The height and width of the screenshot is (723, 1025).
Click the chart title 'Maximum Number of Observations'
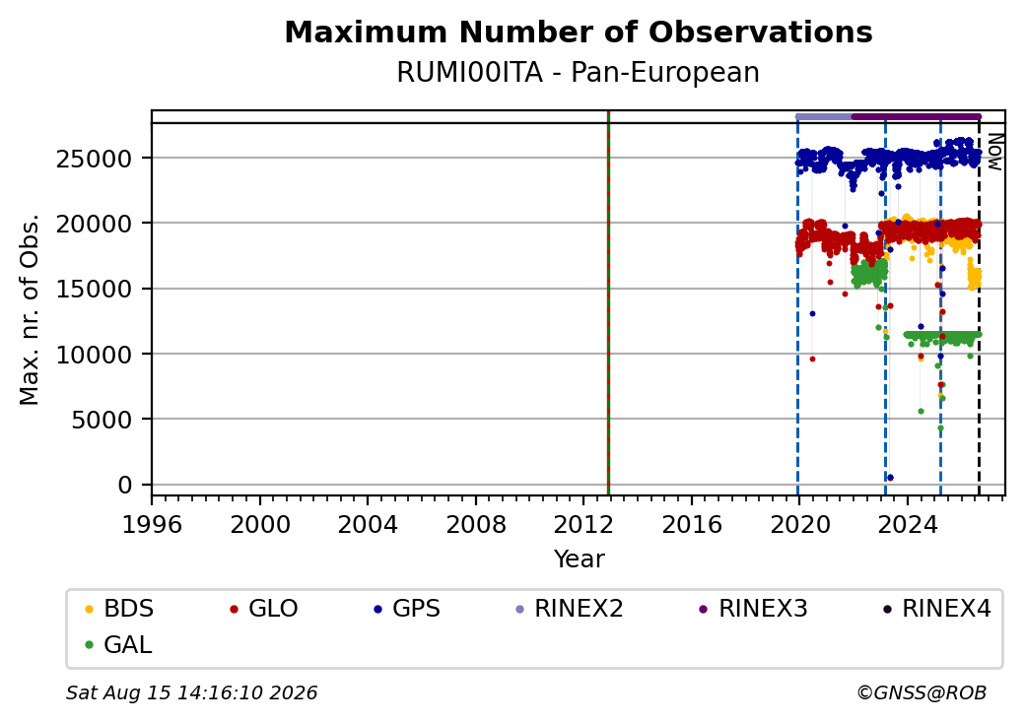579,32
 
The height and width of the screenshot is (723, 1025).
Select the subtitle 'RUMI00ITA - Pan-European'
578,73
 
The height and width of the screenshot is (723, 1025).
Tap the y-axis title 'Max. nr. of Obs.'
30,309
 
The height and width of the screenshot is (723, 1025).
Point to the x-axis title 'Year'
580,559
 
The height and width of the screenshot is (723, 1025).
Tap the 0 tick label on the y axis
125,486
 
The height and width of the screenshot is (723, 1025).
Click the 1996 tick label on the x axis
152,524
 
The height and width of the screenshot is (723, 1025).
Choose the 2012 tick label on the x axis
583,524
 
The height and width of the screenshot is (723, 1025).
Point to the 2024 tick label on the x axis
908,524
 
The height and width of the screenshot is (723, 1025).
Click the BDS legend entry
119,609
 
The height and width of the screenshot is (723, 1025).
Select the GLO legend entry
264,609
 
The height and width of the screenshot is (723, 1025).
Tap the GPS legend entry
407,609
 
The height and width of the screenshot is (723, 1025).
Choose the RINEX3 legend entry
753,609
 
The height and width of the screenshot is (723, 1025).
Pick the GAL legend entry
118,644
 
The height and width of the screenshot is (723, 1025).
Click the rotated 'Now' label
994,152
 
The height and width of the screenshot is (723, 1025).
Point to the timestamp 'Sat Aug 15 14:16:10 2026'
191,692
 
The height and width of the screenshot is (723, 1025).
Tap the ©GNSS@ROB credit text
922,692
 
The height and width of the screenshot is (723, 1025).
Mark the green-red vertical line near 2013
609,303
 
